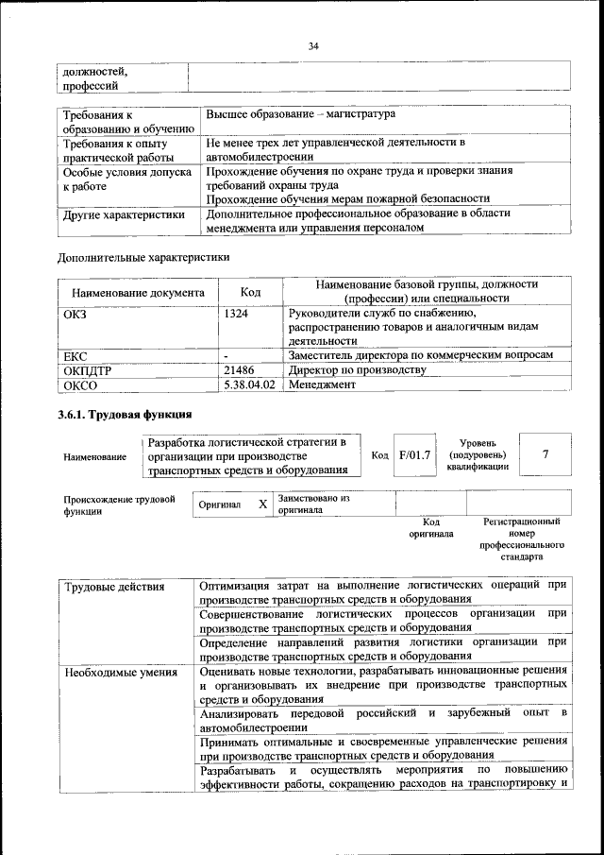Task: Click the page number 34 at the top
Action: tap(313, 44)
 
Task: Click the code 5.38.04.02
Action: tap(250, 385)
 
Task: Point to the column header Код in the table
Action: tap(250, 292)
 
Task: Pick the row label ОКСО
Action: tap(79, 385)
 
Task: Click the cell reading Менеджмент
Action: tap(322, 385)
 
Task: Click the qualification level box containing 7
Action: tap(545, 454)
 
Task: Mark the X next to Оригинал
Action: tap(262, 504)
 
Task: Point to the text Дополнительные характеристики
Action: tap(143, 256)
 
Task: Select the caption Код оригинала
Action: tap(431, 527)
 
